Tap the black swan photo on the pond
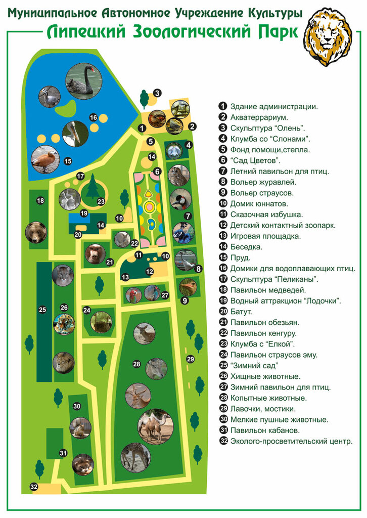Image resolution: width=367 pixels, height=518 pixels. pyautogui.click(x=84, y=80)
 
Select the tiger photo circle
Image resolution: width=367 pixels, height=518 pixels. pyautogui.click(x=64, y=324)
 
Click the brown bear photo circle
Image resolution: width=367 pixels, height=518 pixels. pyautogui.click(x=36, y=232)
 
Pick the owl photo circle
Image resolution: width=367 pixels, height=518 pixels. pyautogui.click(x=178, y=175)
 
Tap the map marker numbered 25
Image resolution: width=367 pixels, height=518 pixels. pyautogui.click(x=42, y=310)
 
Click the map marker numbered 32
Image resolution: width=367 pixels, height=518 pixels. pyautogui.click(x=34, y=487)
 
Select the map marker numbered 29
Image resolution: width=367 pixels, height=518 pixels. pyautogui.click(x=190, y=359)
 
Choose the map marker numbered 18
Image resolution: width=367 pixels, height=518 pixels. pyautogui.click(x=40, y=201)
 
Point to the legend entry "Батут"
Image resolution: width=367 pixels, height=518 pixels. pyautogui.click(x=241, y=312)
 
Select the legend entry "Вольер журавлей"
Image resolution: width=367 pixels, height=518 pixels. pyautogui.click(x=263, y=182)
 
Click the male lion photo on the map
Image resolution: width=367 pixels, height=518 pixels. pyautogui.click(x=64, y=362)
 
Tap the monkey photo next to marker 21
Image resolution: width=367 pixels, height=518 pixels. pyautogui.click(x=95, y=254)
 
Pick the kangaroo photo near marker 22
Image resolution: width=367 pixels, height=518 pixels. pyautogui.click(x=122, y=239)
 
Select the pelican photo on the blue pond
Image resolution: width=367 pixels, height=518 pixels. pyautogui.click(x=75, y=134)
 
